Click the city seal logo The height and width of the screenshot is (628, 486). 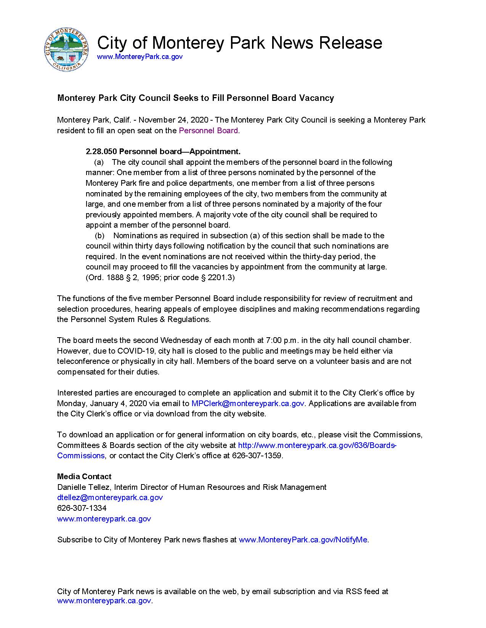67,49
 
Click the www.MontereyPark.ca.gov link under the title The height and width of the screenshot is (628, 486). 140,57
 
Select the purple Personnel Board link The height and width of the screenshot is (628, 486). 209,131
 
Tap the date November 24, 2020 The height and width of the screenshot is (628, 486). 173,120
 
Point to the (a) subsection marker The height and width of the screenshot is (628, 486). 99,163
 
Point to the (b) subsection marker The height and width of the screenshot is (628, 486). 99,236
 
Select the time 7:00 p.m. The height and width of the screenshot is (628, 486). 272,340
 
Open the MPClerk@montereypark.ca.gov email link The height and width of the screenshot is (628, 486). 247,403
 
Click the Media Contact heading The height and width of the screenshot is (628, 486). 84,477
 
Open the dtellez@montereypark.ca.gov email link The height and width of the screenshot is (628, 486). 110,497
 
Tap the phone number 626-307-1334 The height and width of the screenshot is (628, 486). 82,508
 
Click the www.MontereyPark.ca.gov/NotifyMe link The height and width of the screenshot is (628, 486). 303,540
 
